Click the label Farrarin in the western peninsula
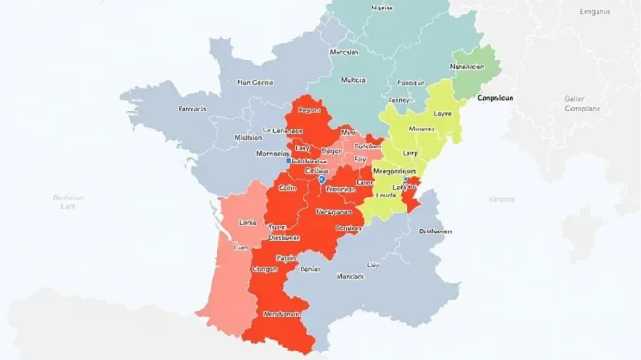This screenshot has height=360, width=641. (x=194, y=109)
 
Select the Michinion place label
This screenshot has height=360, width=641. (x=248, y=137)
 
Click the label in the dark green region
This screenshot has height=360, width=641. (x=468, y=67)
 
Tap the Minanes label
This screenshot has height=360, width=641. (x=422, y=129)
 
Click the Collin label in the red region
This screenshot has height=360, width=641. (x=287, y=188)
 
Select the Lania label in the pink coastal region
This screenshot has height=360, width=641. (x=249, y=222)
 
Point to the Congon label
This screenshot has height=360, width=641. (x=268, y=269)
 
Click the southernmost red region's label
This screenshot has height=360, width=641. (x=281, y=314)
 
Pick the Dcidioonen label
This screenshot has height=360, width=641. (x=434, y=231)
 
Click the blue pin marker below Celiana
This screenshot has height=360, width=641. (x=322, y=178)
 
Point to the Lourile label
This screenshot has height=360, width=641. (x=387, y=196)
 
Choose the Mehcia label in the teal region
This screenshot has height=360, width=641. (x=352, y=80)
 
